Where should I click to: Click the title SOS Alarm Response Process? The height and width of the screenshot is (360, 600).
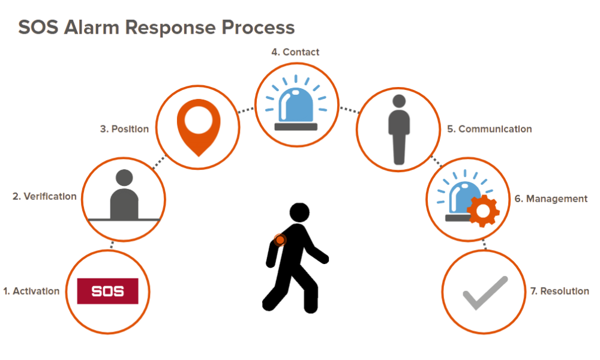(x=155, y=28)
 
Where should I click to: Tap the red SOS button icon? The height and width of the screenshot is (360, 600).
(x=108, y=291)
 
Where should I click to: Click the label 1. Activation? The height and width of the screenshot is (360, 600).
(x=31, y=291)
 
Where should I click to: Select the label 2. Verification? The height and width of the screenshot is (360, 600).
(x=44, y=196)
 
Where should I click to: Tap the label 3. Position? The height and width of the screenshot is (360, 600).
(x=124, y=129)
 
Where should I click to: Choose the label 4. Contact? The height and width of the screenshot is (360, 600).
(x=295, y=52)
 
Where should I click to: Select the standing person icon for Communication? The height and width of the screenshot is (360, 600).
(x=398, y=129)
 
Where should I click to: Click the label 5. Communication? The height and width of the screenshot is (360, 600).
(x=488, y=129)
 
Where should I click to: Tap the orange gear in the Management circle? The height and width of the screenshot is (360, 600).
(x=484, y=210)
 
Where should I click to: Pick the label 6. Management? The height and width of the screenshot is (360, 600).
(x=550, y=199)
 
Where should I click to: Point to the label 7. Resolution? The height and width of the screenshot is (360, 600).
(x=559, y=291)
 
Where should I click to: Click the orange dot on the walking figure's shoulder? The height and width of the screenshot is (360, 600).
(x=280, y=240)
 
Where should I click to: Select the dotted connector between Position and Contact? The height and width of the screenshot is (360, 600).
(x=247, y=110)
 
